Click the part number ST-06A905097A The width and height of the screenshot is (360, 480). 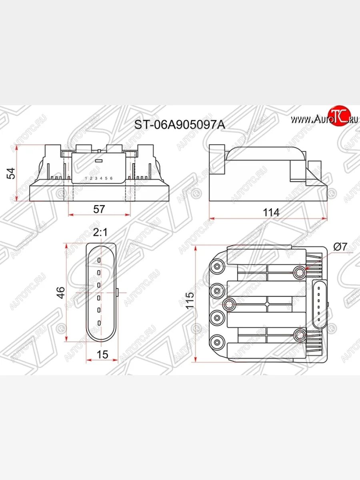point(180,125)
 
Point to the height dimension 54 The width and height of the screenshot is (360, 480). point(12,173)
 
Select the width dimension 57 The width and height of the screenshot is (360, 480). point(99,208)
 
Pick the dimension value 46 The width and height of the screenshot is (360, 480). point(60,292)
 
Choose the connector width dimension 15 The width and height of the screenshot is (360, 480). point(102,354)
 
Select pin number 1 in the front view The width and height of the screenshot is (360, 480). point(86,178)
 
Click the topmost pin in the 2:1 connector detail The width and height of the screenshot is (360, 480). point(99,260)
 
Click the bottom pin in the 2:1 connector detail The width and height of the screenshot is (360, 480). point(99,323)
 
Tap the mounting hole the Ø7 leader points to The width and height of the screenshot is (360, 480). point(300,272)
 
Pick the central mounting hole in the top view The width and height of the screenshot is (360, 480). point(230,304)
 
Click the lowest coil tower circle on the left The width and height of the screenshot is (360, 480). point(217,342)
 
